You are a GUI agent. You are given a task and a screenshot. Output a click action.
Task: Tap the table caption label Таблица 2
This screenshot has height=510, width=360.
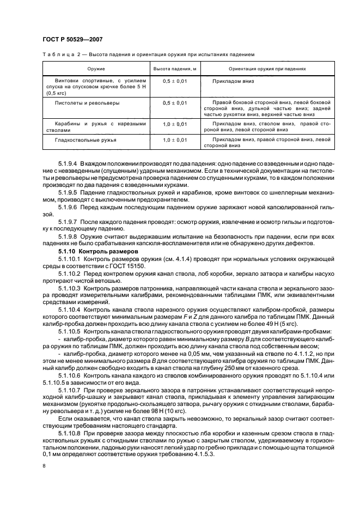coord(57,55)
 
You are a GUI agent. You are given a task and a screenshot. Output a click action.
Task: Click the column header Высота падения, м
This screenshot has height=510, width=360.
coord(174,69)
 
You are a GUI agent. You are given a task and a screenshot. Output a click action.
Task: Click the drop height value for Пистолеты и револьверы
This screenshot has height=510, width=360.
coord(174,102)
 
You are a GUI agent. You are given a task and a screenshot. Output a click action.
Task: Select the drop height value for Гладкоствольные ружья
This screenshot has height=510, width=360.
coord(174,140)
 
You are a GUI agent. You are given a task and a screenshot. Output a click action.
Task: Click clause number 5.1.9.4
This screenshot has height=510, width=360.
coord(68,163)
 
